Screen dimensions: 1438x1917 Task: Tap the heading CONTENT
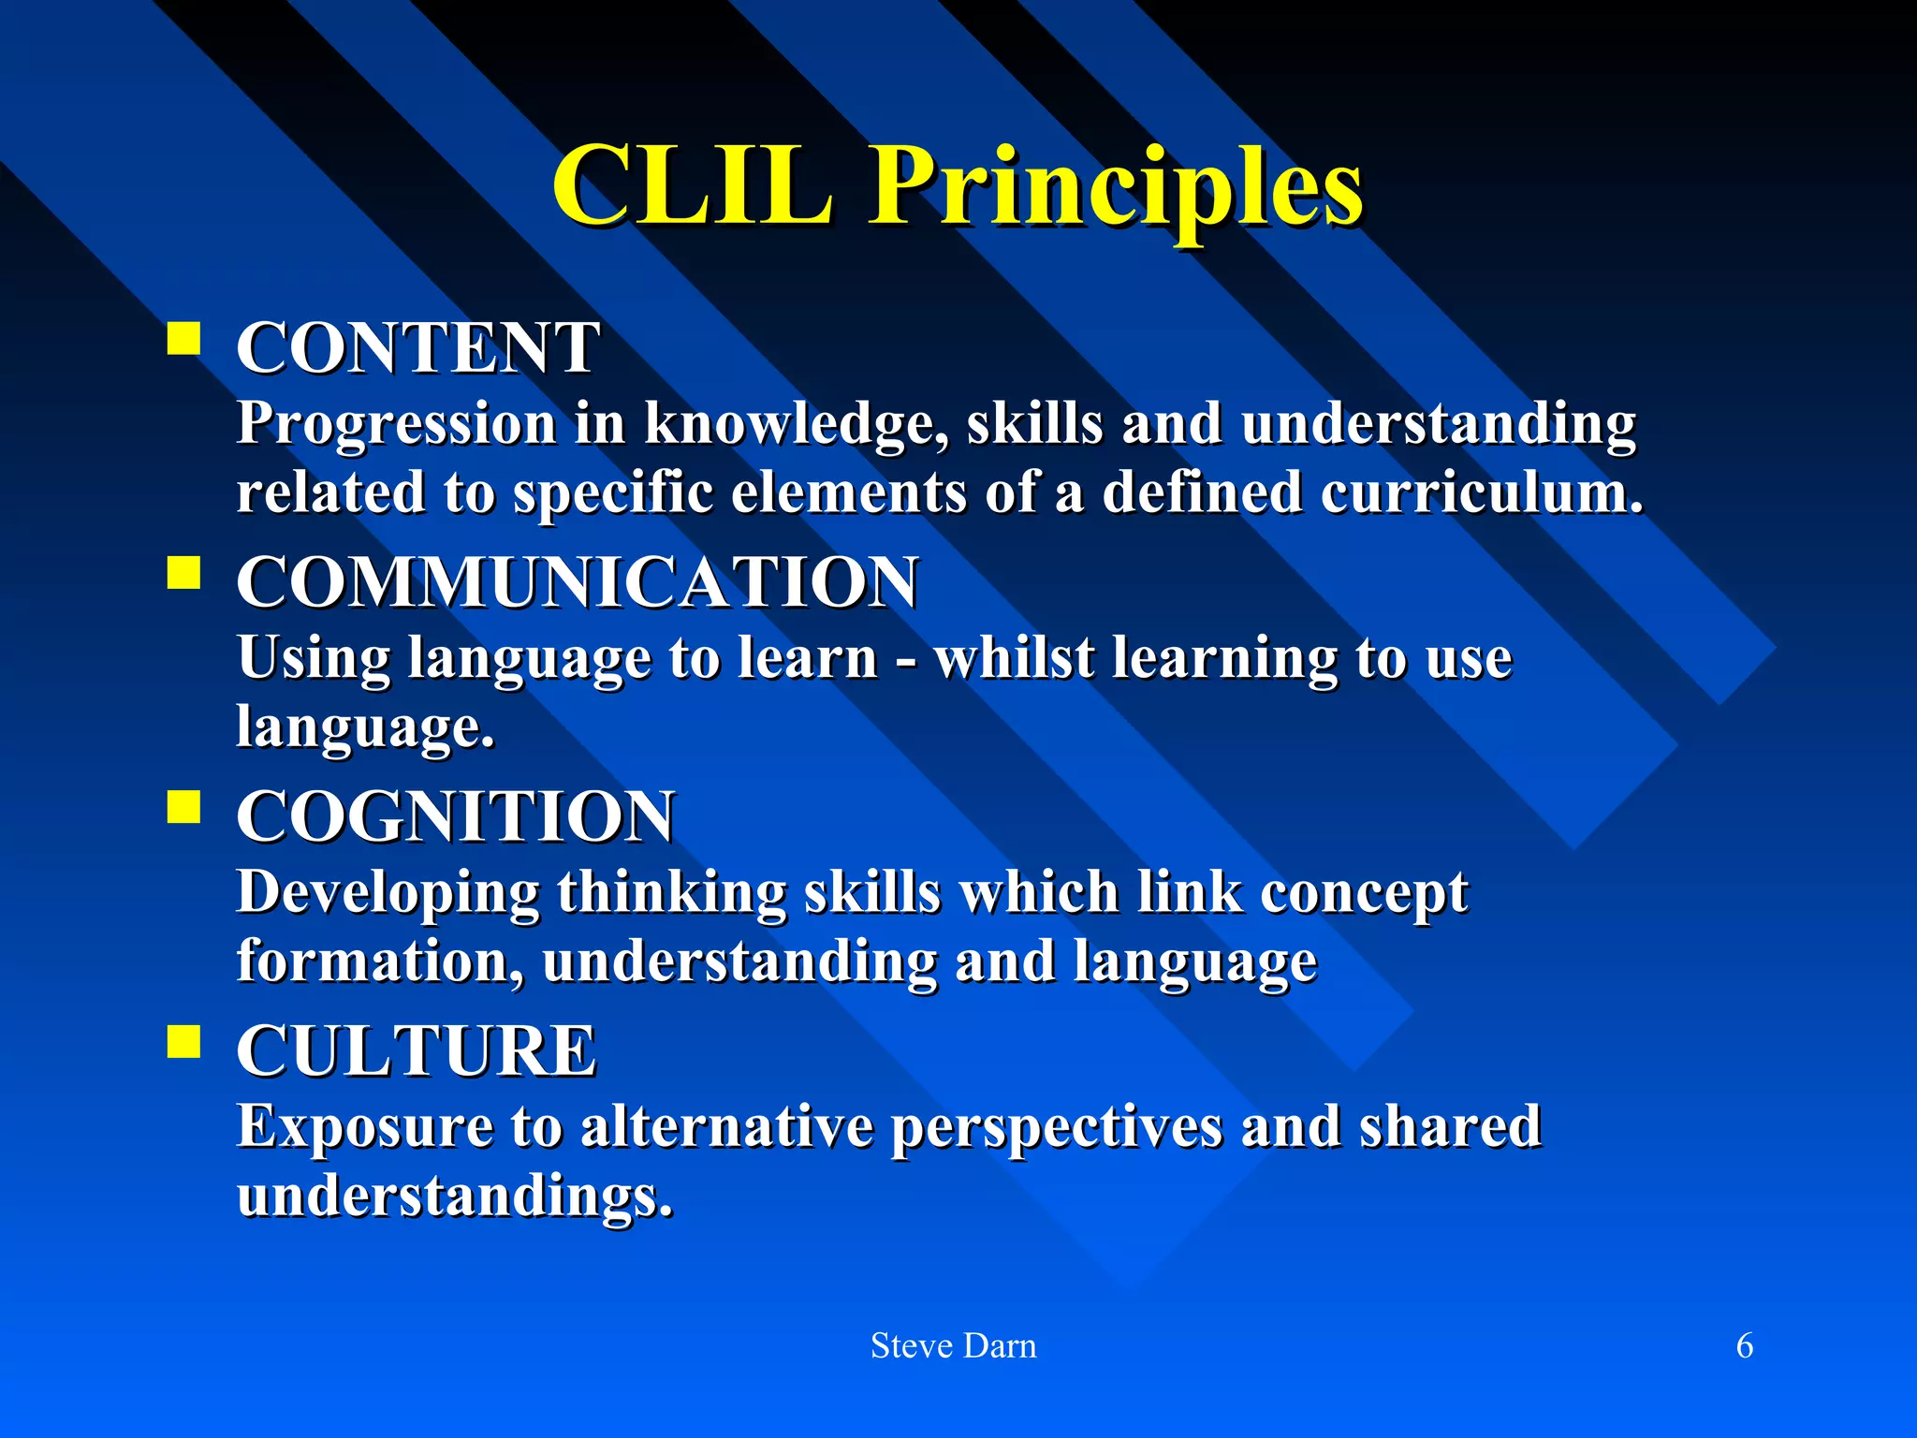[417, 348]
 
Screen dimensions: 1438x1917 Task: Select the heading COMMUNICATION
[577, 582]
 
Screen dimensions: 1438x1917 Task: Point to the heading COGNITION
[455, 816]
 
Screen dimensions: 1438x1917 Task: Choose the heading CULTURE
[417, 1050]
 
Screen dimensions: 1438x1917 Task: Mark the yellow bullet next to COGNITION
[184, 806]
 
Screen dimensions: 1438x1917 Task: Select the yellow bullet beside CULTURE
[184, 1040]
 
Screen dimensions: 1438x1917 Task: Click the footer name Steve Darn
[953, 1346]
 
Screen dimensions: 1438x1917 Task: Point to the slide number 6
[1745, 1346]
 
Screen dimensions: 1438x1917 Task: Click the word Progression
[396, 424]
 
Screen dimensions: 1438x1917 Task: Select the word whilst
[1015, 658]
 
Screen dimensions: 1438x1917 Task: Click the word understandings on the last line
[455, 1196]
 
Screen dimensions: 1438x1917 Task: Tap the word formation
[379, 962]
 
